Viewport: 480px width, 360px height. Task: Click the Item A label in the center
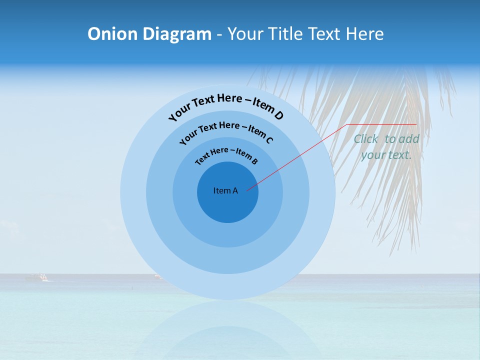225,190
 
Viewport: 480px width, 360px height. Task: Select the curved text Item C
261,134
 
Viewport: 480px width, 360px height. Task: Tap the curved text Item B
247,156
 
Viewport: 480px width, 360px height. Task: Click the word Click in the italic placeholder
365,139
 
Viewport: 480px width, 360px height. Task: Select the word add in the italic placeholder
409,139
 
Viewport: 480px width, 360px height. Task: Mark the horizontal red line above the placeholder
382,124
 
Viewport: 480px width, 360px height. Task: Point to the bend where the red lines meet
348,124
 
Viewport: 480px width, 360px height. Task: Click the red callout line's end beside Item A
247,190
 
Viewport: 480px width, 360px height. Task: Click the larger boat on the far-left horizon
36,276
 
